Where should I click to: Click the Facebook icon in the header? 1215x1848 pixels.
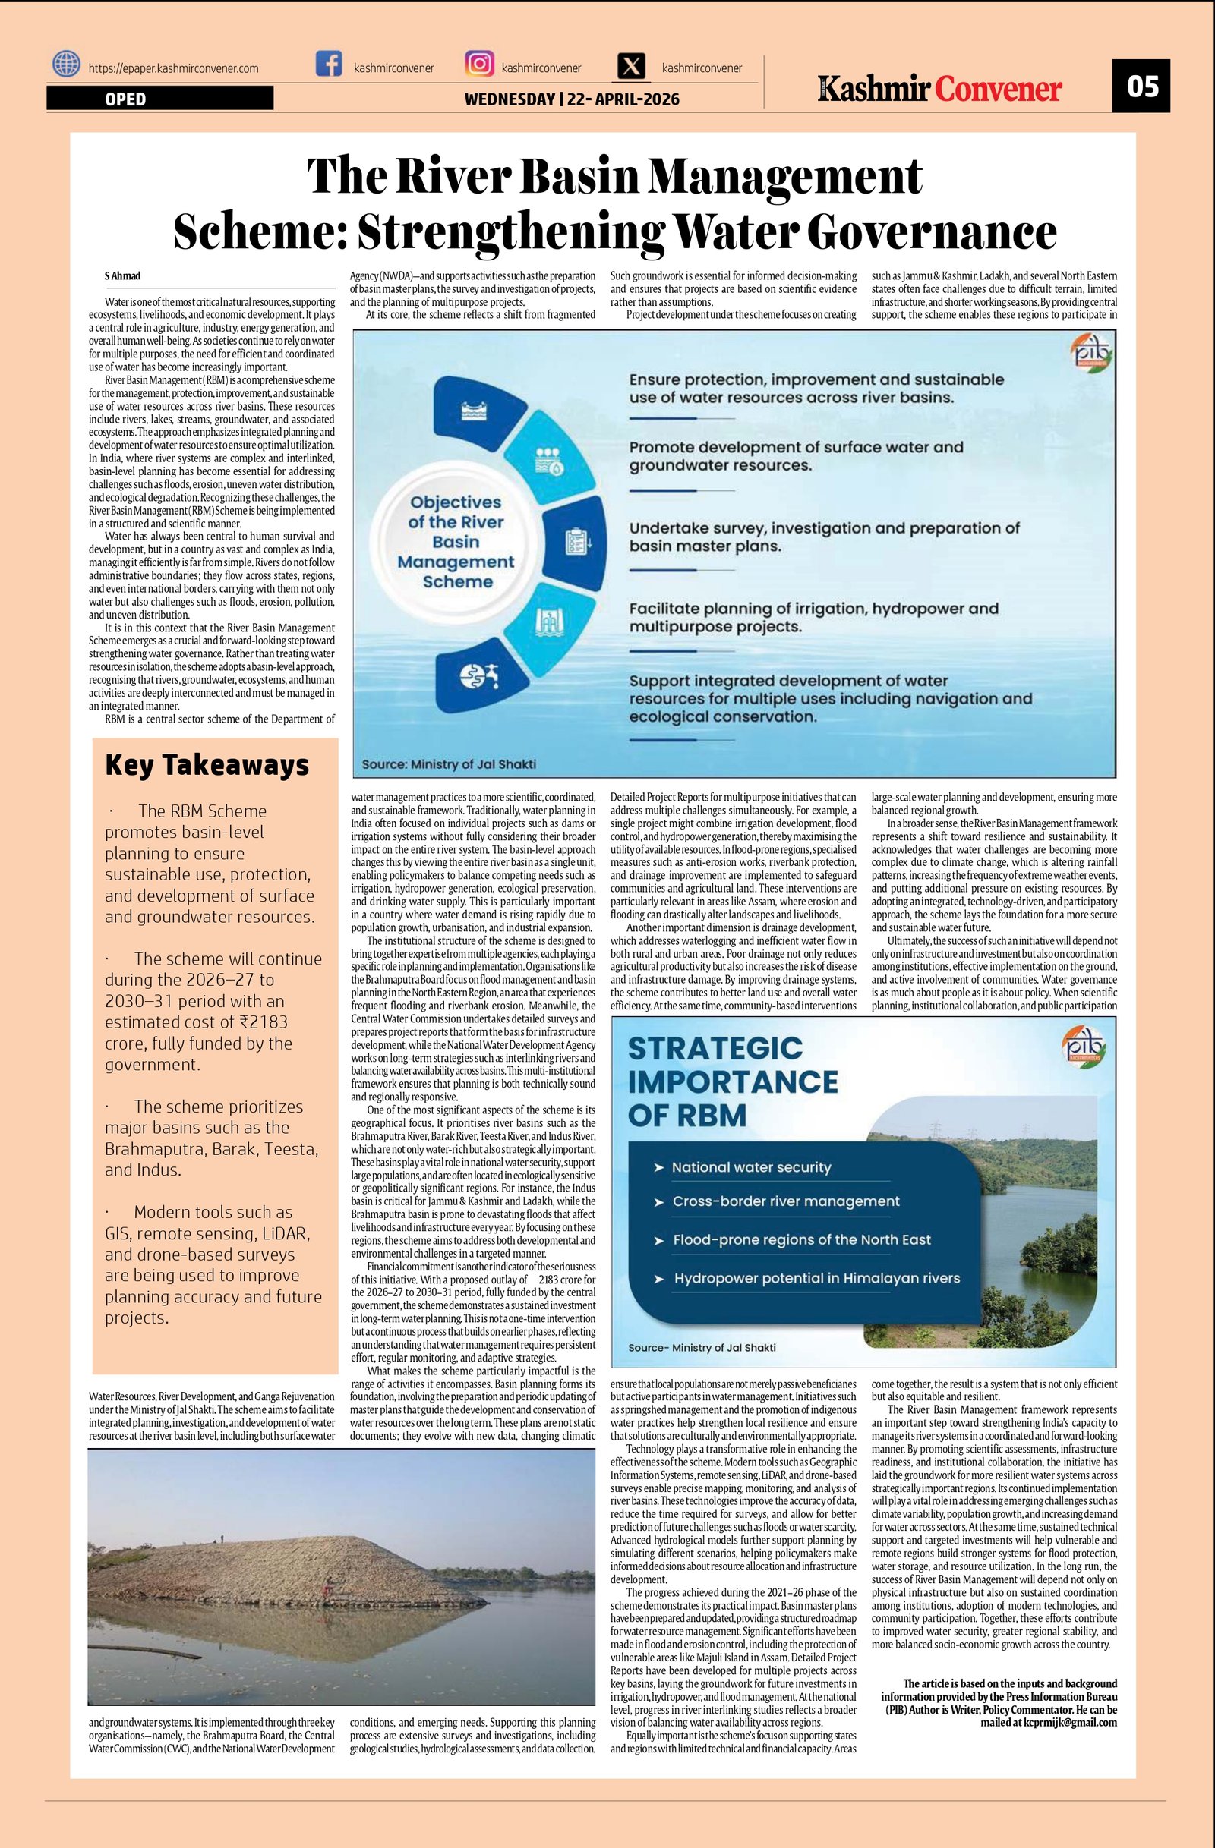329,65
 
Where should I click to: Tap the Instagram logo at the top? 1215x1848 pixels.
478,64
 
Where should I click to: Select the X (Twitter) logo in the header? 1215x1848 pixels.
632,67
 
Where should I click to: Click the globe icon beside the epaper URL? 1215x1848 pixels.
66,65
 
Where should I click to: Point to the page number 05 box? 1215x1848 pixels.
1141,85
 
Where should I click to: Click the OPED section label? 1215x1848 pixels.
125,99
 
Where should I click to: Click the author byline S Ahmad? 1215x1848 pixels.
123,276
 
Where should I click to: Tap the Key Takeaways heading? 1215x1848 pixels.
207,765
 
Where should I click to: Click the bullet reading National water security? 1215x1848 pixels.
750,1167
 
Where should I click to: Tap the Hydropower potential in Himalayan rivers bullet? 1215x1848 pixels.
816,1278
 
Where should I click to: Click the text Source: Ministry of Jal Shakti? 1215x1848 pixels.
449,764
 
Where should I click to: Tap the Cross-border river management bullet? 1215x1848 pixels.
785,1201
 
